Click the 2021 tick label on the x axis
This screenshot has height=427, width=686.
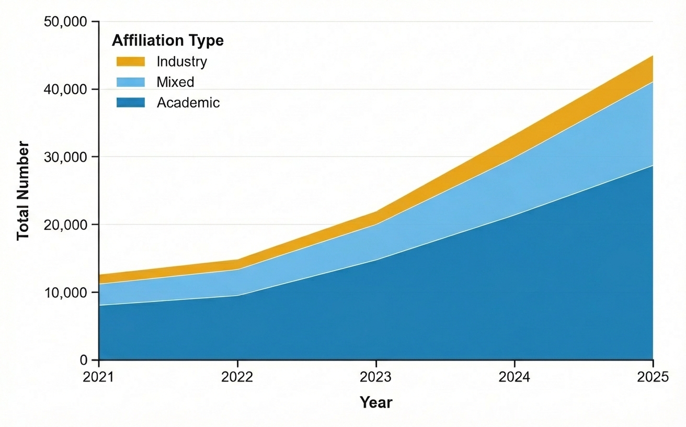[x=98, y=377]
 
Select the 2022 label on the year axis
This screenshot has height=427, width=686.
[x=237, y=377]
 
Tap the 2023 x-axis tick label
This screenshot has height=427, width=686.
[x=376, y=377]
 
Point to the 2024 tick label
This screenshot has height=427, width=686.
[x=514, y=377]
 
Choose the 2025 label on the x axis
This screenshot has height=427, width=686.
[x=653, y=377]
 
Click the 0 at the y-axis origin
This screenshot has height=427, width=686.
[x=82, y=360]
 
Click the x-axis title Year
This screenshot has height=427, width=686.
[x=375, y=402]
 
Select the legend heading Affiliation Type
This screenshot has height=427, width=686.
[x=168, y=40]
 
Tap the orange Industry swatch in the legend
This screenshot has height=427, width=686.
[x=130, y=62]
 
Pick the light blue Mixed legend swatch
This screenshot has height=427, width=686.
[x=130, y=82]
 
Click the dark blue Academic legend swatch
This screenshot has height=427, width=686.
[x=130, y=103]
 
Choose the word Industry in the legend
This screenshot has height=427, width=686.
[x=181, y=62]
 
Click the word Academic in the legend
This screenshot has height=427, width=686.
[x=188, y=103]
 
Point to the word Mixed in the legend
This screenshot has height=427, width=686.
[x=175, y=82]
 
